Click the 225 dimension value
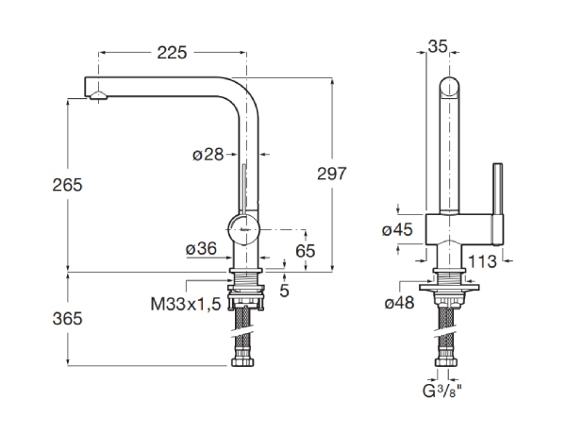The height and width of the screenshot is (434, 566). (172, 53)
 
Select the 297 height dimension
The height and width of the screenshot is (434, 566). (332, 174)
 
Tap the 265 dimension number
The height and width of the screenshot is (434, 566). (68, 185)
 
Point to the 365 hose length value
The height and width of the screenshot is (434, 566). (68, 319)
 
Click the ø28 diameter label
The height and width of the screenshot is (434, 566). (208, 155)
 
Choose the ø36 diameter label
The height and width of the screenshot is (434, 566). (202, 248)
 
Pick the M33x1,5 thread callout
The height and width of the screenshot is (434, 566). (186, 305)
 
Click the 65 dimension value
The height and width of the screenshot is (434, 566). (306, 251)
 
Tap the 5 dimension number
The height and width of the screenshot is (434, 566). (285, 291)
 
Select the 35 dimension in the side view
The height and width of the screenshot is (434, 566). (438, 46)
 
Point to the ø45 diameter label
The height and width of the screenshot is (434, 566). (397, 229)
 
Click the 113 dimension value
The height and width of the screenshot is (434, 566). (482, 261)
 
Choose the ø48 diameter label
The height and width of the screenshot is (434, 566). (399, 303)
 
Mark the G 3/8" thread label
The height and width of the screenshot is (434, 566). (441, 391)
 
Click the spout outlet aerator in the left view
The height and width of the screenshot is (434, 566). (98, 95)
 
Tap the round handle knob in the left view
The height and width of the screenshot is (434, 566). (243, 229)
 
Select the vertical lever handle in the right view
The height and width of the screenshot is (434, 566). (498, 204)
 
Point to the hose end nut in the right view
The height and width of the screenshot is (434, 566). (446, 362)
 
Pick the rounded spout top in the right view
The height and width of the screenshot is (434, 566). (450, 87)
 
